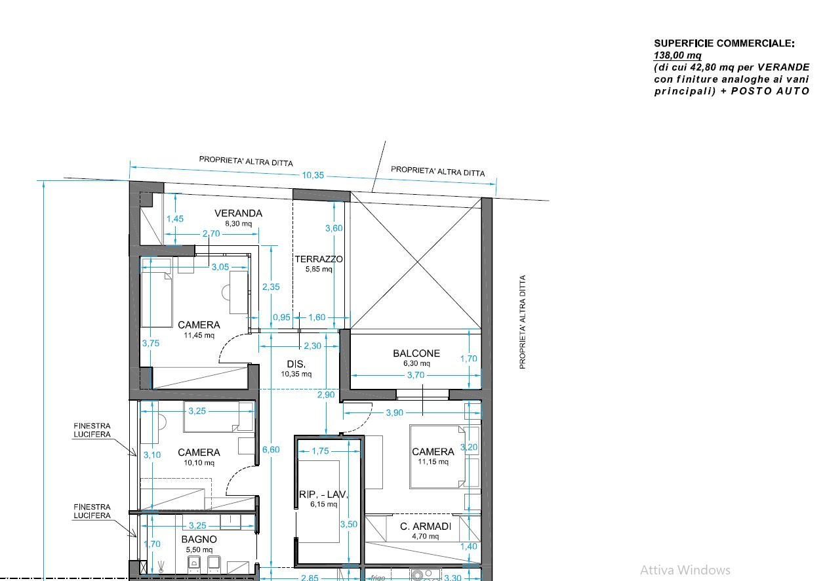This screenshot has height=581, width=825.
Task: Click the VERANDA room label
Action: point(238,213)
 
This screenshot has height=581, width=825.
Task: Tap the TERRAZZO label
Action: point(319,259)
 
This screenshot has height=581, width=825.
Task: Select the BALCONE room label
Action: point(416,353)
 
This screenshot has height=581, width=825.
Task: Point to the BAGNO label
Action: point(199,540)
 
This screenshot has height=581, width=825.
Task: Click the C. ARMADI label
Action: point(426,527)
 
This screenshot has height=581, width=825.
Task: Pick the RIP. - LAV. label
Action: point(323,494)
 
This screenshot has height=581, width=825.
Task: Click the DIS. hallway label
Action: point(296,364)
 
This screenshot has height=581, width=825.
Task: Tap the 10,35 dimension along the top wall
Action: point(313,175)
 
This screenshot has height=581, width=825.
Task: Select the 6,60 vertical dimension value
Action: point(271,450)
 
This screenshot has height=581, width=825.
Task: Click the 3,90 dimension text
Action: point(394,412)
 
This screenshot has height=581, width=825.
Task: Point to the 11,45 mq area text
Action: point(199,335)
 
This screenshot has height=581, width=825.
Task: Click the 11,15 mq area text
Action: point(433,462)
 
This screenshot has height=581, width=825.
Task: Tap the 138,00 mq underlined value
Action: point(677,56)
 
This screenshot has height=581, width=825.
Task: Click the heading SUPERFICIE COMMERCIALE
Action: point(724,43)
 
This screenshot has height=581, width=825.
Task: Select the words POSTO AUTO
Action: point(770,91)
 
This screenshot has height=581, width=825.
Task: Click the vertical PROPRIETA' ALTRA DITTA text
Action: point(522,322)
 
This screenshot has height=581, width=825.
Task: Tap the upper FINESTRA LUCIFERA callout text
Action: point(92,430)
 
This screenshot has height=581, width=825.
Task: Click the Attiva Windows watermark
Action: point(685,571)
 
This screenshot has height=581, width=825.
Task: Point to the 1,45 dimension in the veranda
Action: point(175,219)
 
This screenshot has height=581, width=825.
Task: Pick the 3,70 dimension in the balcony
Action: point(416,375)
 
